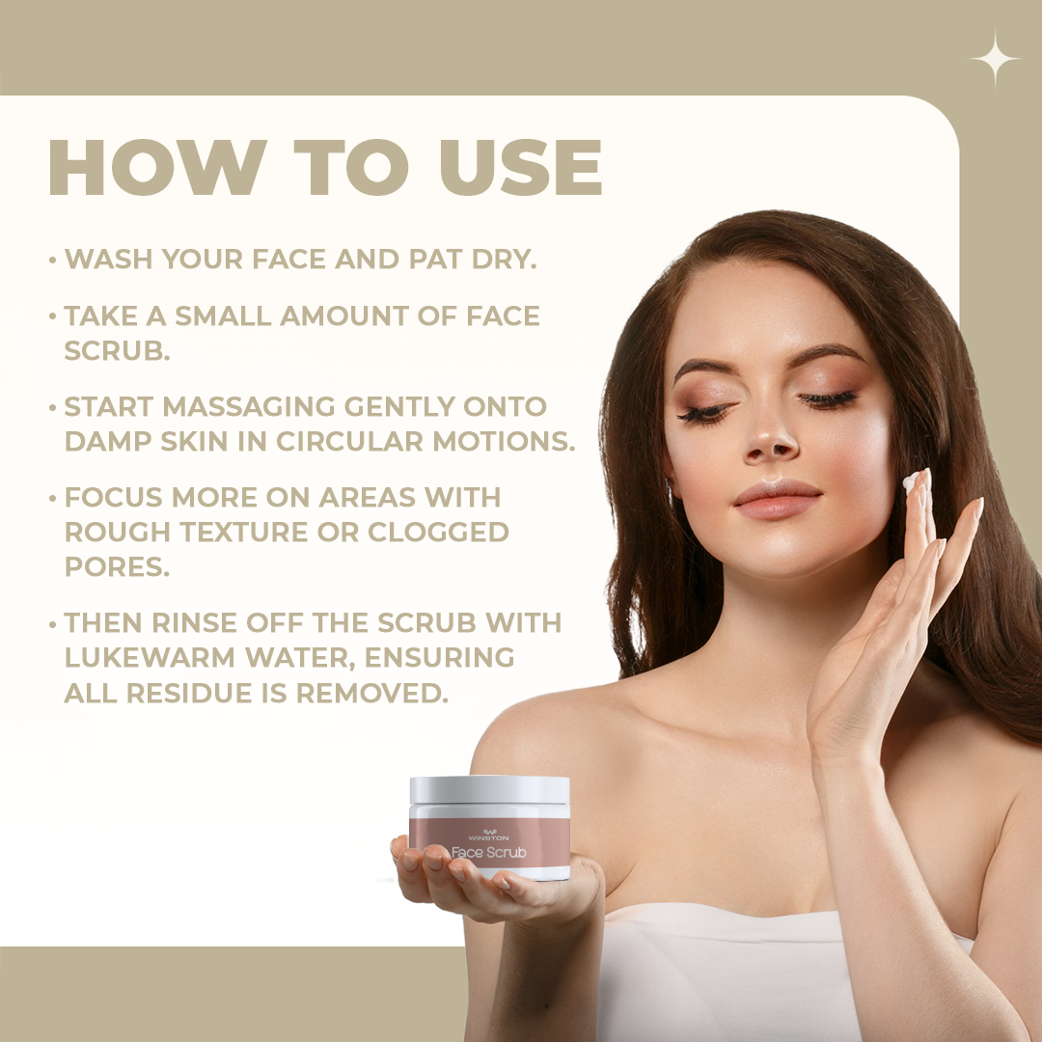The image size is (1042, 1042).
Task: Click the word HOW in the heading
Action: coord(158,167)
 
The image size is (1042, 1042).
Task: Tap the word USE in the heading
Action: coord(521,167)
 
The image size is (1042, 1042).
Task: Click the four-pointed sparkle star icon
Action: coord(994,59)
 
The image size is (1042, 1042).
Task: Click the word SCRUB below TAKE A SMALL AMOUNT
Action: coord(117,350)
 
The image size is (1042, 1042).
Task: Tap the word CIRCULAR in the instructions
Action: coord(349,441)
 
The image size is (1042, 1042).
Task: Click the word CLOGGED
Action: coord(438,532)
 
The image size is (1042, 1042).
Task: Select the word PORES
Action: coord(117,567)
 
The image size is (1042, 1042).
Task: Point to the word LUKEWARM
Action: coord(151,657)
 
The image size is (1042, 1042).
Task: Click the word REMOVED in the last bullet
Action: coord(371,693)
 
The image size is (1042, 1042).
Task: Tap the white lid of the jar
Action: coord(490,790)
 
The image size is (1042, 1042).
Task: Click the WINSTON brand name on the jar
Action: coord(488,838)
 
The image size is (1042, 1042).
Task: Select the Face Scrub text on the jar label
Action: coord(488,853)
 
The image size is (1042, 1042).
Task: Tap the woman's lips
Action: coord(778,499)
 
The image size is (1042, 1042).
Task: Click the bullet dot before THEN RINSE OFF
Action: coord(52,624)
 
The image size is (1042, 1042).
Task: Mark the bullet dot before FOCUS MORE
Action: coord(52,499)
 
